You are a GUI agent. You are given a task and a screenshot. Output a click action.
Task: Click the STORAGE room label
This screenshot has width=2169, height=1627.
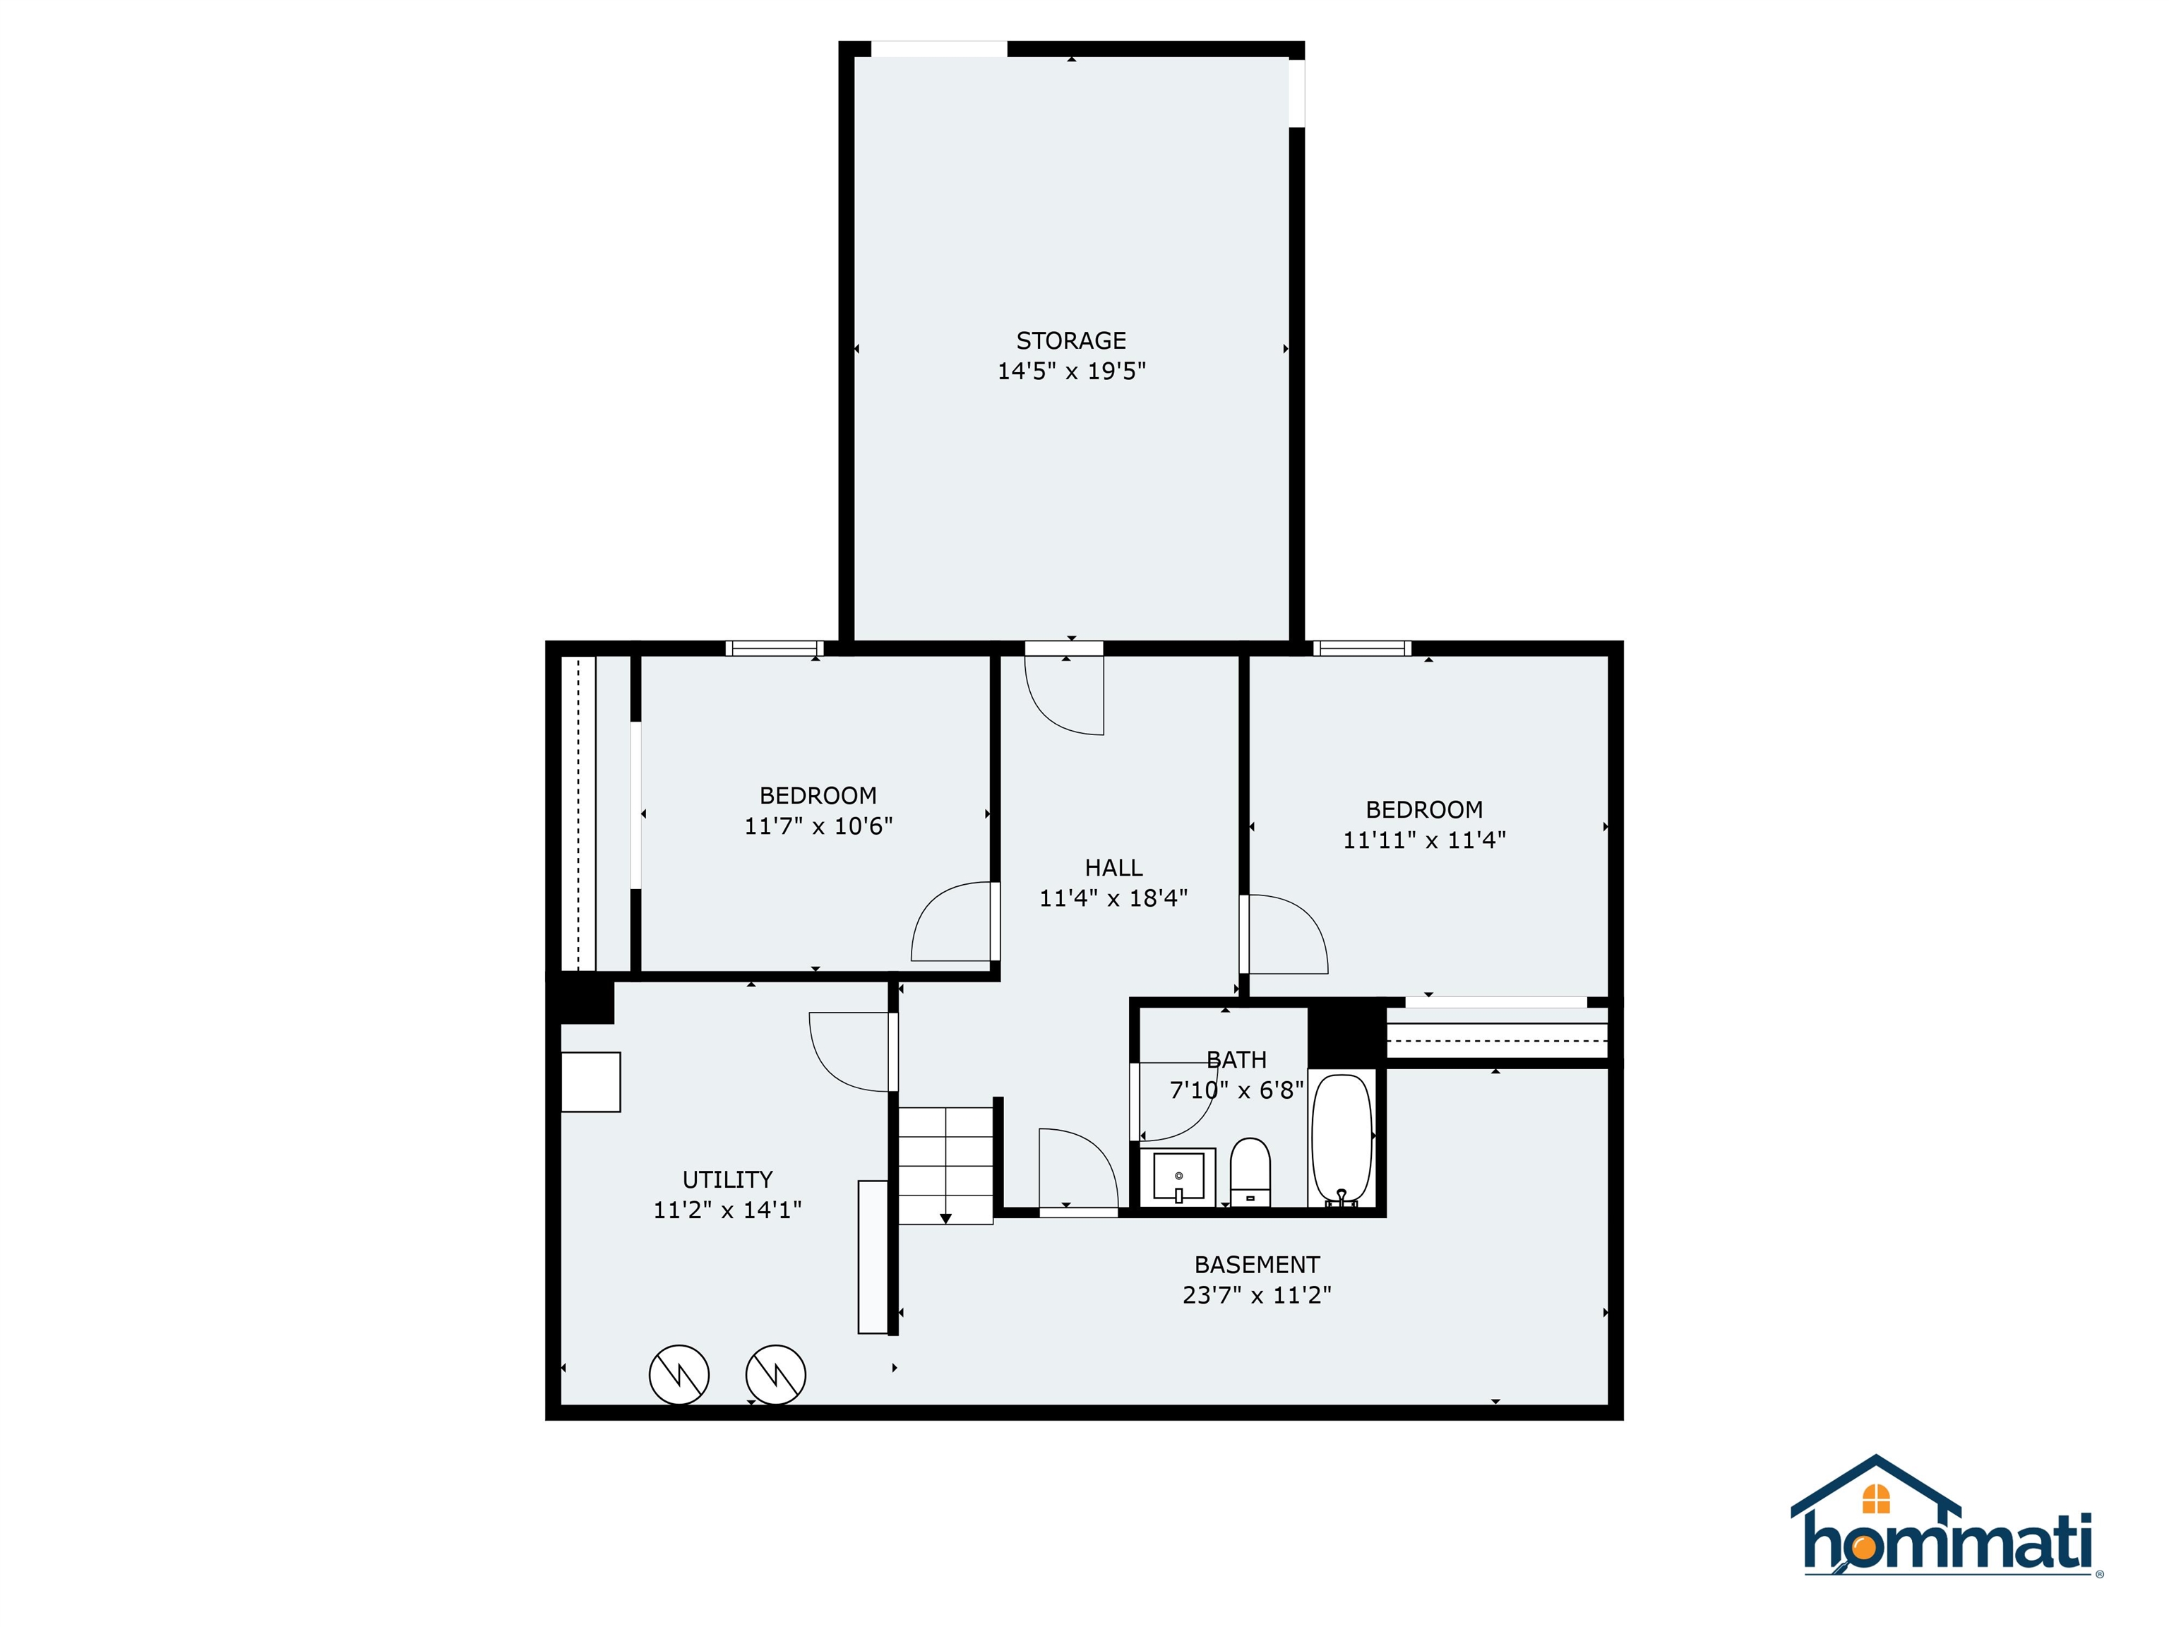1071,340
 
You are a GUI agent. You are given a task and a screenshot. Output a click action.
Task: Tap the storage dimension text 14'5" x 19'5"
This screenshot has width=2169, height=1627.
1071,371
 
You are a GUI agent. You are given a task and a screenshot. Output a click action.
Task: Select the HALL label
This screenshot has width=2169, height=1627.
1113,867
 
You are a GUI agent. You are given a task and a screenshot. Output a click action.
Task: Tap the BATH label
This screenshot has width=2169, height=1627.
1236,1059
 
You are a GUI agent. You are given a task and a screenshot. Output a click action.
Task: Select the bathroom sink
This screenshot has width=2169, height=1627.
1178,1175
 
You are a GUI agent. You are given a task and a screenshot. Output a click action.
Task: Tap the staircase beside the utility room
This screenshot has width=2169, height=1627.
946,1165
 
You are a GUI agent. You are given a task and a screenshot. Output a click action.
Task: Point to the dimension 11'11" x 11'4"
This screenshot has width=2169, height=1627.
1424,840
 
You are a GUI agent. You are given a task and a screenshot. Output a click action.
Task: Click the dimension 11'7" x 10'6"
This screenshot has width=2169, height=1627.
818,826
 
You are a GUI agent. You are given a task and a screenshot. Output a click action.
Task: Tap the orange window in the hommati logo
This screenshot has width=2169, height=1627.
1875,1499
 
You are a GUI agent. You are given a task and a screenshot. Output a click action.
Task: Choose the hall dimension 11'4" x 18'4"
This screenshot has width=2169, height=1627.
1113,898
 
